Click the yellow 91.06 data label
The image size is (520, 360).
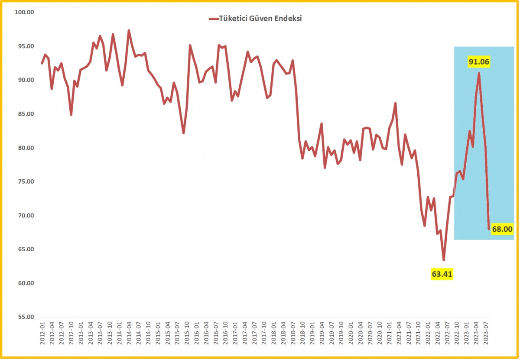[x=479, y=62]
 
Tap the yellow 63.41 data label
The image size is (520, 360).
[x=443, y=274]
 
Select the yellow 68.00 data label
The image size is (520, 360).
[x=502, y=229]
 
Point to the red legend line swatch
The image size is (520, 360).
[x=213, y=19]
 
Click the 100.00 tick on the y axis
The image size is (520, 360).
[x=24, y=12]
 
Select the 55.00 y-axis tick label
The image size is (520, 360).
[x=24, y=317]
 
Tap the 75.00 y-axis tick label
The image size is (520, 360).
[x=24, y=182]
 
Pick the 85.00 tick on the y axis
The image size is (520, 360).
[x=24, y=114]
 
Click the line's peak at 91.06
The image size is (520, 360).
[x=479, y=73]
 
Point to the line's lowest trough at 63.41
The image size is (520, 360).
[x=443, y=260]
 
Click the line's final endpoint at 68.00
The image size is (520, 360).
[x=489, y=229]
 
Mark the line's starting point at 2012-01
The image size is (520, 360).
[x=42, y=63]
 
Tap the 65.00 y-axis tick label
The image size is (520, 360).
[x=24, y=250]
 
